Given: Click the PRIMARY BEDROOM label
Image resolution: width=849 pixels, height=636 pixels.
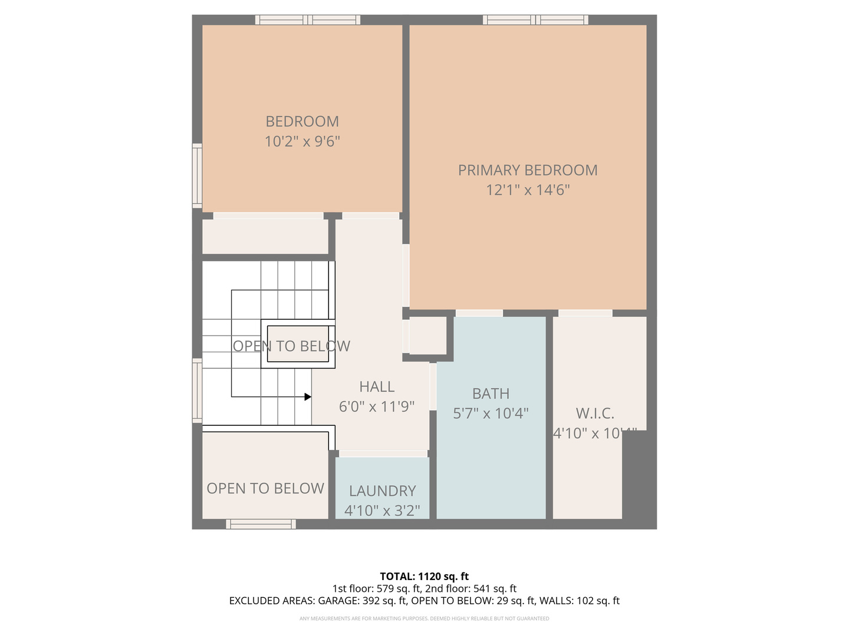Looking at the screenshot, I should (x=528, y=170).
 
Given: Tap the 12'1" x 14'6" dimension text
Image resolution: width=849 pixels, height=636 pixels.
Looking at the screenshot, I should (x=528, y=190).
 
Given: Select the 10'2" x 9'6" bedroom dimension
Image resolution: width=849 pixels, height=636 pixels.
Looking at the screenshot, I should (x=302, y=141).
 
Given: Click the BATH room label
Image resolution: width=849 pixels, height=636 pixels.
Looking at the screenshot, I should (x=491, y=393).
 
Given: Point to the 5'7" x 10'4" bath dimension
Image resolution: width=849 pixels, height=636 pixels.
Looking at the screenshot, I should (x=491, y=413).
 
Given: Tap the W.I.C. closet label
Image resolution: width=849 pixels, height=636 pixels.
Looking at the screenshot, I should (x=595, y=413).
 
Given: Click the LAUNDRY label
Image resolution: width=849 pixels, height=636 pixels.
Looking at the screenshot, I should (x=382, y=491).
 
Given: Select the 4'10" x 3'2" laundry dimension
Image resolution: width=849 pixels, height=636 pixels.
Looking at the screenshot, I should (x=382, y=511).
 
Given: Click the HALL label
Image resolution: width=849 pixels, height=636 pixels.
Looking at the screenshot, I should (x=377, y=387).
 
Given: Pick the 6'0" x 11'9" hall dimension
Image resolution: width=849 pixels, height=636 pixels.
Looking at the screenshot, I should (x=377, y=407).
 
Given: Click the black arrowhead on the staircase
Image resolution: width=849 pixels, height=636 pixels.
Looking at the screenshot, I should (x=308, y=397).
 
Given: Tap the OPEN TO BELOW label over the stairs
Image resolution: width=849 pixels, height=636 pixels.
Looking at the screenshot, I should (x=291, y=346).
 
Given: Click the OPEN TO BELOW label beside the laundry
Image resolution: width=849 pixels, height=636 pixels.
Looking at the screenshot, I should (x=265, y=488).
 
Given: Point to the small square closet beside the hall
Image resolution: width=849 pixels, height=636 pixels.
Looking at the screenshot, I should (x=427, y=336).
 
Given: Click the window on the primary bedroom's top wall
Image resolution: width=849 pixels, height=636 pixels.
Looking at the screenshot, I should (x=535, y=20).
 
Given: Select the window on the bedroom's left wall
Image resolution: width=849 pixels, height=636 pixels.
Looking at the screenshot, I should (x=197, y=175).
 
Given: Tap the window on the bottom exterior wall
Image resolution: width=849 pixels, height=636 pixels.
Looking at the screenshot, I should (x=261, y=524).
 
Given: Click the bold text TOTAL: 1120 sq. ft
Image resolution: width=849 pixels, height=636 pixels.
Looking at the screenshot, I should (x=424, y=576).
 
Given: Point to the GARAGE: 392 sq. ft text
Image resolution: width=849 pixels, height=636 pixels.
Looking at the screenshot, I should (x=362, y=601).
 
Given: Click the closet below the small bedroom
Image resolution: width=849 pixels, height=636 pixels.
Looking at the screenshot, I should (x=265, y=236).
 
